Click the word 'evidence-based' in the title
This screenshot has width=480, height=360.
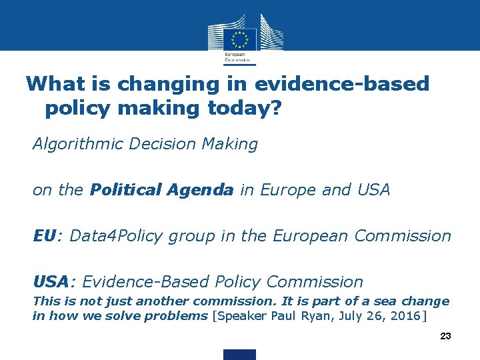(342, 84)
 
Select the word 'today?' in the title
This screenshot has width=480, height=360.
(247, 109)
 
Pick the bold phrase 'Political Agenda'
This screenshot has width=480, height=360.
(162, 190)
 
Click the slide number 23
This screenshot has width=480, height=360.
(445, 336)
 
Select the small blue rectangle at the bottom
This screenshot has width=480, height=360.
(239, 354)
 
